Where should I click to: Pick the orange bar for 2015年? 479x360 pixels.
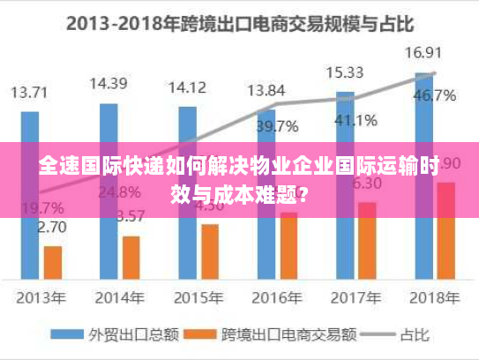tap(210, 251)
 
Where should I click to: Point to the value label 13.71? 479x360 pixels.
tap(30, 91)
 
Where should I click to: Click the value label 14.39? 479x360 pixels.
tap(108, 84)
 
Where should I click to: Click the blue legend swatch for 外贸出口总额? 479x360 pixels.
tap(66, 335)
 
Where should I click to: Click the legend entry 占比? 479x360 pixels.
tap(403, 335)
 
